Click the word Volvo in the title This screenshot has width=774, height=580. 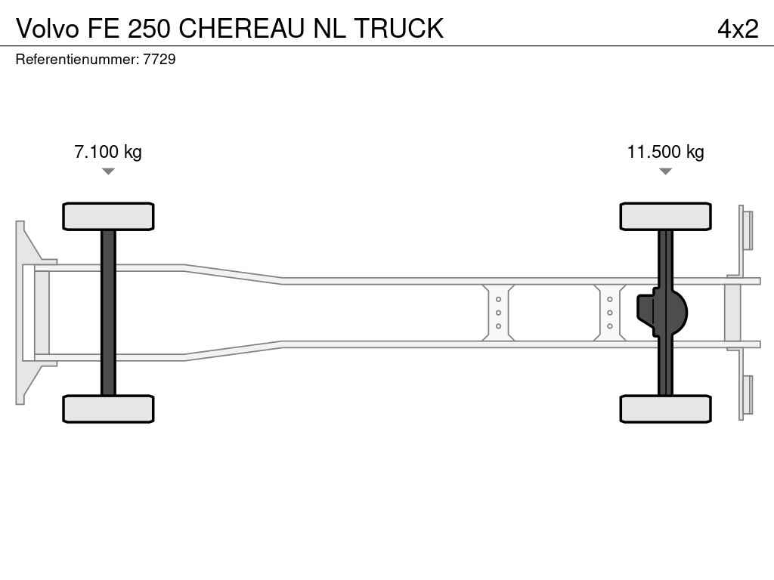(x=48, y=29)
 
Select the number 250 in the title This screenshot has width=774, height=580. (x=149, y=29)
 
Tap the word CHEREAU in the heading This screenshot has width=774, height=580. (x=241, y=29)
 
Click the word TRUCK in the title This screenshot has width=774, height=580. (x=399, y=29)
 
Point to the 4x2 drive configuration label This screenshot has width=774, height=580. (x=738, y=29)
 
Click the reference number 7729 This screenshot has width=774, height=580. (x=159, y=59)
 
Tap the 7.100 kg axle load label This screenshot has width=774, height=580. (x=108, y=151)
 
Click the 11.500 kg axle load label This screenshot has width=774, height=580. (x=665, y=151)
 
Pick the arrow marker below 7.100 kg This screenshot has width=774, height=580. (x=108, y=171)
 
